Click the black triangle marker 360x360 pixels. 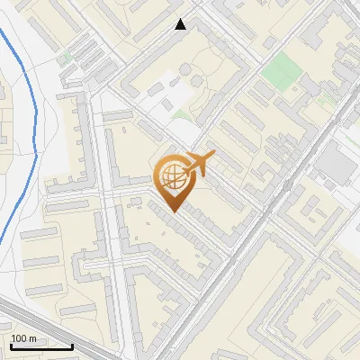tap(181, 24)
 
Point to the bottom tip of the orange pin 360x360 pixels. tap(173, 212)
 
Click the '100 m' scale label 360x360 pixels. tap(24, 338)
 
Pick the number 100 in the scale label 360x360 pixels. tap(19, 338)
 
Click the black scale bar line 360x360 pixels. tap(41, 346)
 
